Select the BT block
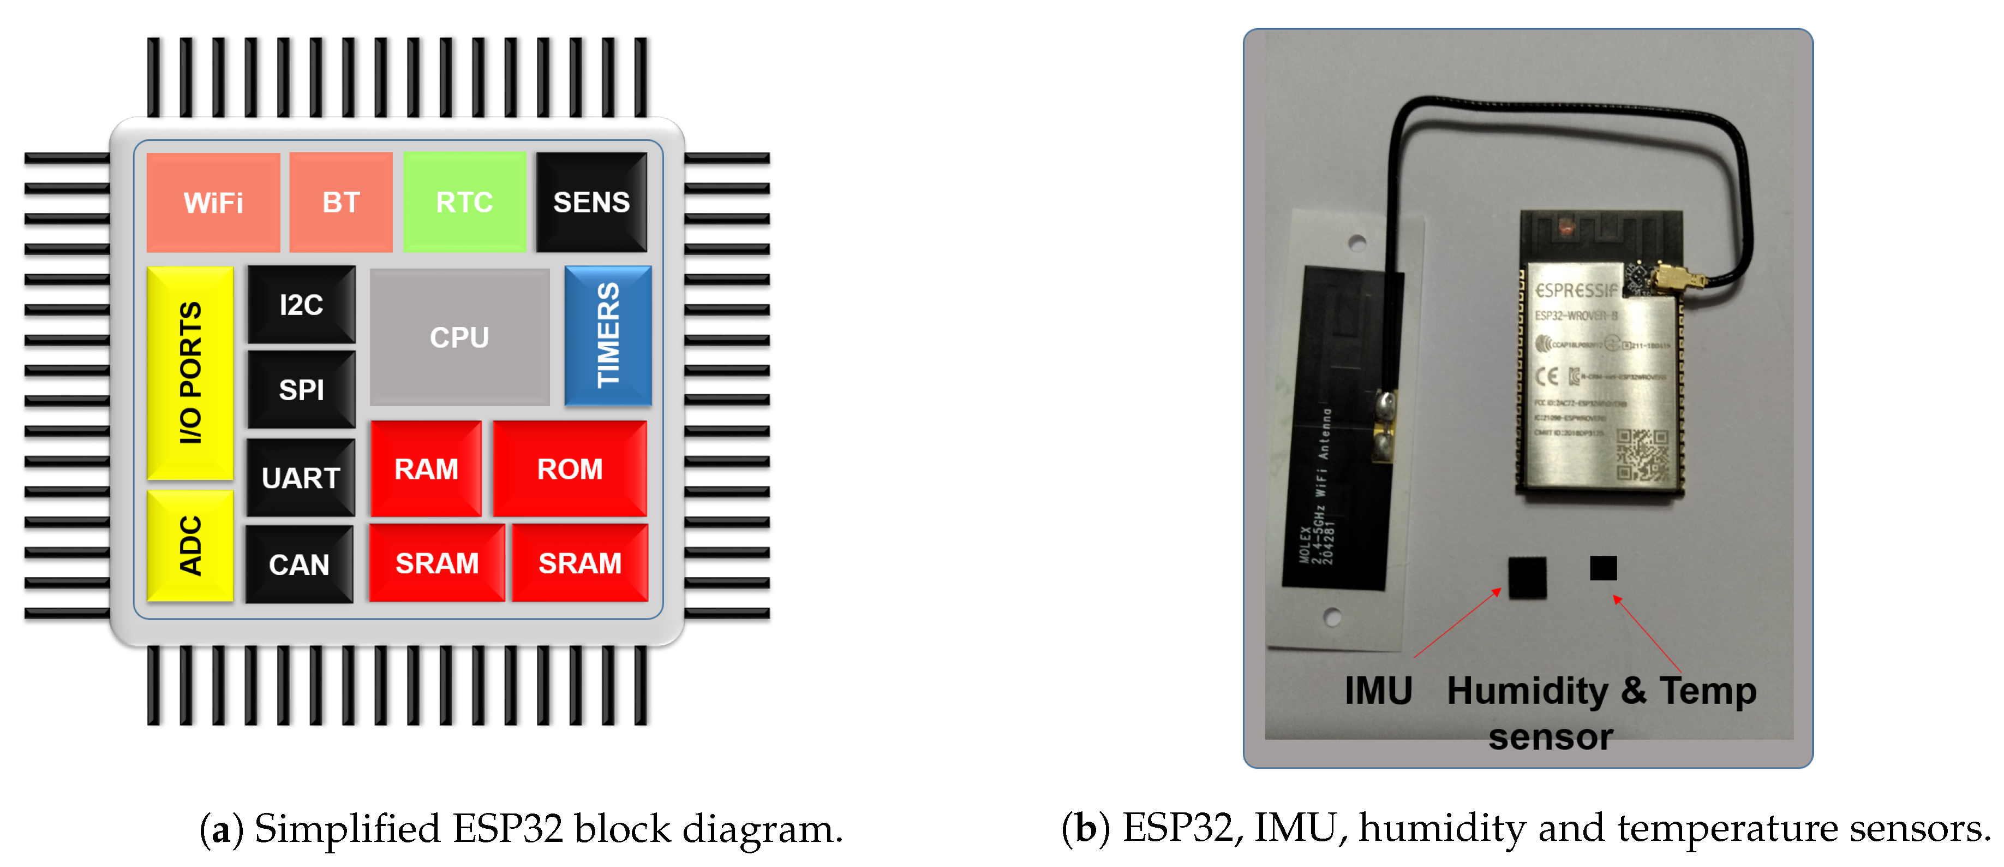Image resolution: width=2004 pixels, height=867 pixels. (341, 203)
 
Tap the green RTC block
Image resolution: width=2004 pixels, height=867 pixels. (464, 203)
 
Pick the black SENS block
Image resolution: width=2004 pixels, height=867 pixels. (591, 203)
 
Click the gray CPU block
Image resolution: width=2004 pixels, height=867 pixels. (460, 337)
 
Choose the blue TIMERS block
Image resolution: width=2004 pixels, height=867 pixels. (608, 335)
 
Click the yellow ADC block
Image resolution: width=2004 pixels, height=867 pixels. (190, 545)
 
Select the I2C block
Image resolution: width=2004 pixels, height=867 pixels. (301, 304)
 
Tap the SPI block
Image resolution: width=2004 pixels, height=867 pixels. (301, 389)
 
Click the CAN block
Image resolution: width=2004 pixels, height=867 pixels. (299, 563)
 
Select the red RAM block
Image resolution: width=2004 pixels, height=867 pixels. (426, 468)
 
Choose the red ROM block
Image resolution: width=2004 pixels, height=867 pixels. (570, 468)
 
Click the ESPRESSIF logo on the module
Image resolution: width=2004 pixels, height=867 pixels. (1575, 290)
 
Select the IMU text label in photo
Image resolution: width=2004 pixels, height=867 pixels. (1378, 690)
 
